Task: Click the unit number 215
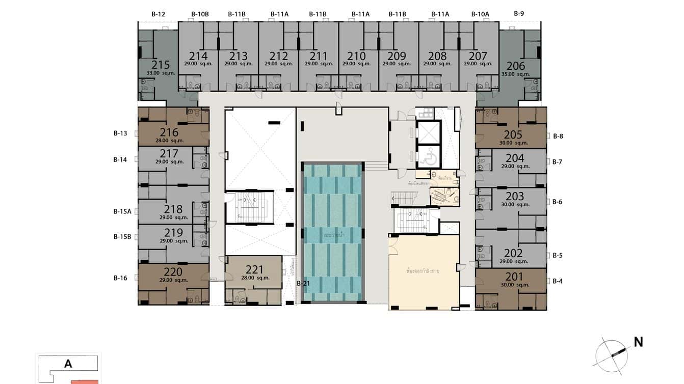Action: point(161,65)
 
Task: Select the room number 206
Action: point(515,66)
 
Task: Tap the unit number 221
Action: point(254,269)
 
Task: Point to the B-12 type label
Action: point(159,14)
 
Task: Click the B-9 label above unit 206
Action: point(519,14)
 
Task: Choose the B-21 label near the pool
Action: point(304,283)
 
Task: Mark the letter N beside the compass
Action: point(638,342)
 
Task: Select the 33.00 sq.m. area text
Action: point(161,73)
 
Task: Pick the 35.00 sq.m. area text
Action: point(515,74)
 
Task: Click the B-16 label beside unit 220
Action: point(120,278)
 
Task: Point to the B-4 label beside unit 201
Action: point(557,281)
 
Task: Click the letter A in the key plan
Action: point(68,364)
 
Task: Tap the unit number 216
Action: point(169,132)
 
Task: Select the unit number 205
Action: point(513,134)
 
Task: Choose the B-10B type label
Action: point(200,14)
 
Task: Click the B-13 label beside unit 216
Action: point(120,133)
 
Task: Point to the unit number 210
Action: point(356,56)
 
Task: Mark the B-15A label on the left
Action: point(122,211)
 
